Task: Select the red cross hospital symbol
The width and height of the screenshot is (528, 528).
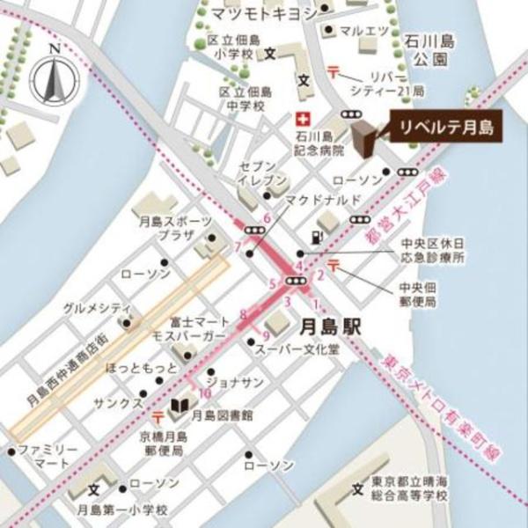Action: pyautogui.click(x=303, y=118)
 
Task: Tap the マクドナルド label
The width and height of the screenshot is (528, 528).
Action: pyautogui.click(x=321, y=200)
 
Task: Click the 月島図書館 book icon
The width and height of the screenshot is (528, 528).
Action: pyautogui.click(x=179, y=407)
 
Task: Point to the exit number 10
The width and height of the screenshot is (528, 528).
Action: pyautogui.click(x=204, y=393)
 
